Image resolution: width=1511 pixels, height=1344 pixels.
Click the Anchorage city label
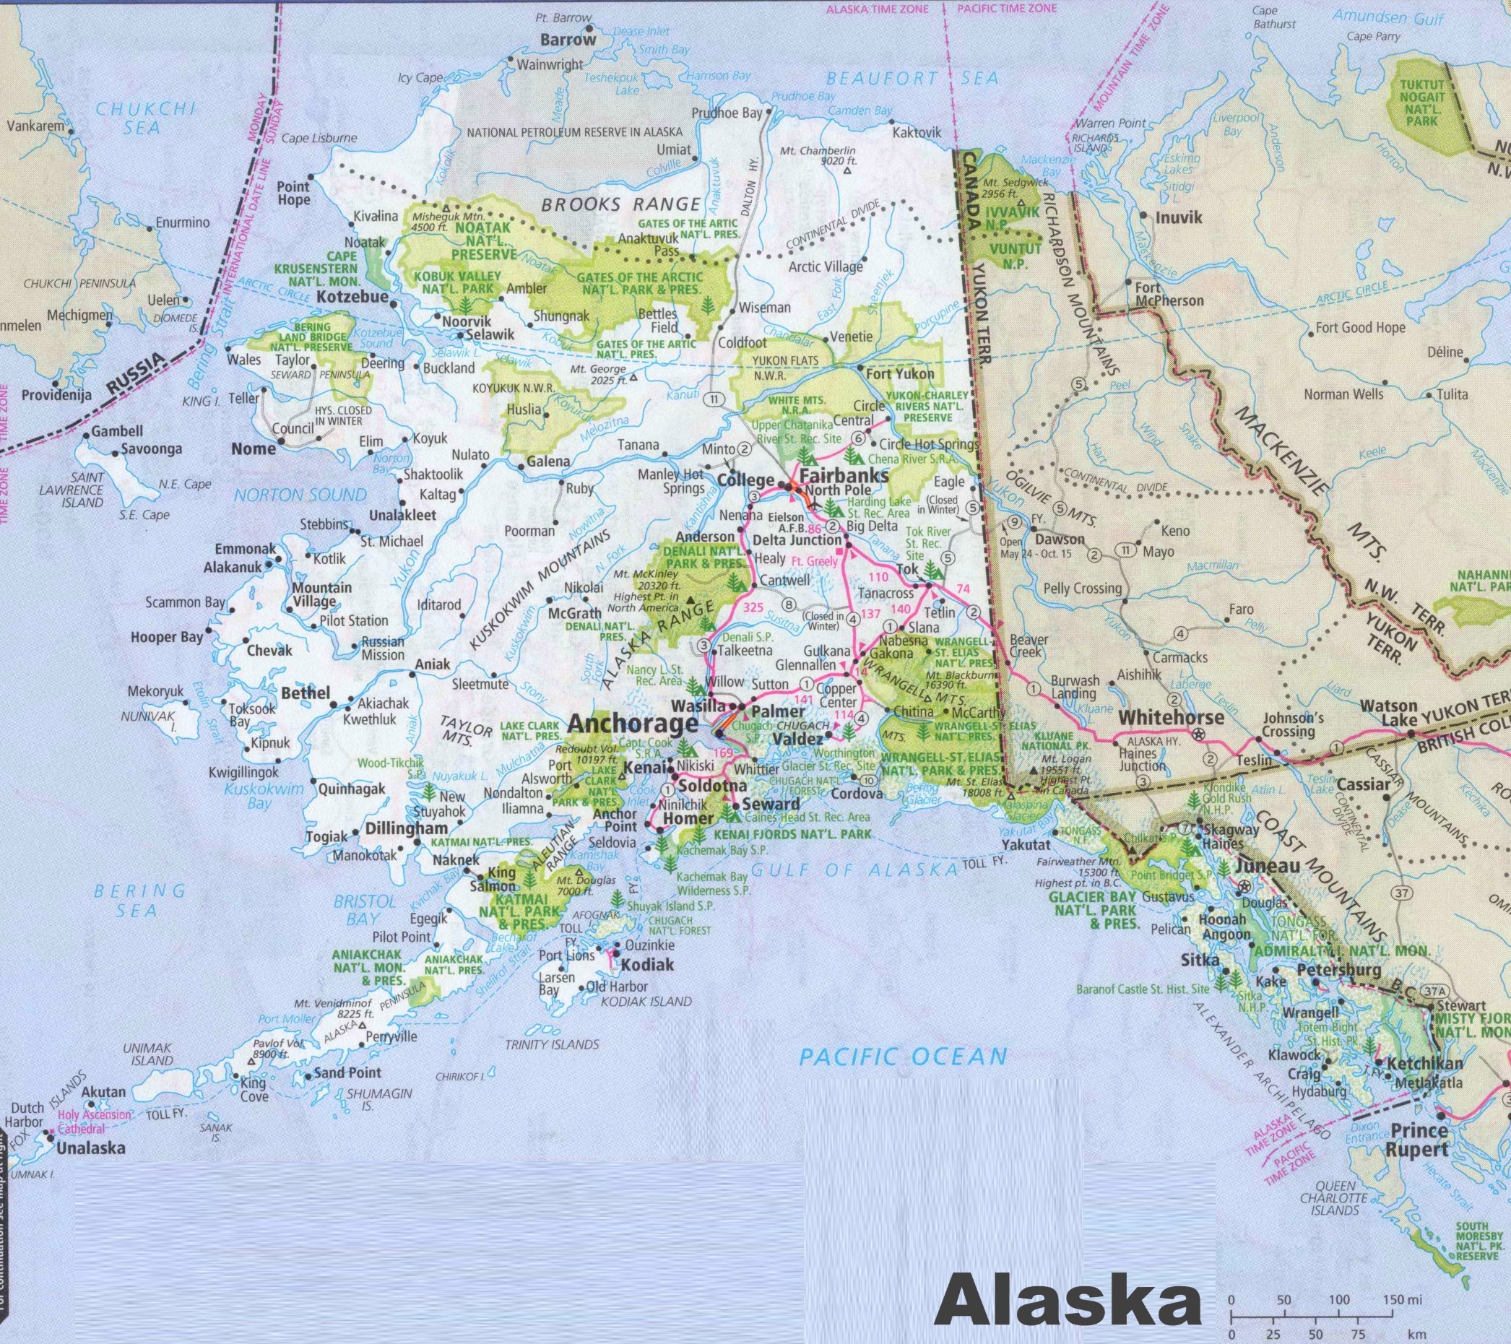click(633, 724)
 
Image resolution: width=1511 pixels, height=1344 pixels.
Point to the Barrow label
click(568, 40)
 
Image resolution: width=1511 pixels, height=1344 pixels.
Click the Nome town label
click(254, 448)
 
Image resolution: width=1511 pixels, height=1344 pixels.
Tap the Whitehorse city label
click(1171, 716)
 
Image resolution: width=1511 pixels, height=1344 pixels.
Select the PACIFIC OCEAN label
click(904, 1057)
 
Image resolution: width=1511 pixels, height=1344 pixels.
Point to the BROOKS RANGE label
click(620, 205)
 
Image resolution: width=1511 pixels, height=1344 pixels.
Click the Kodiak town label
click(648, 964)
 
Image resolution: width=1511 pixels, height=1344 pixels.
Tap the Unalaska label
click(92, 1148)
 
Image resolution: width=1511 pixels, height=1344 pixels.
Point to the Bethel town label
click(306, 693)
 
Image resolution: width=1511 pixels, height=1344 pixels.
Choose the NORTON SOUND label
click(300, 495)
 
